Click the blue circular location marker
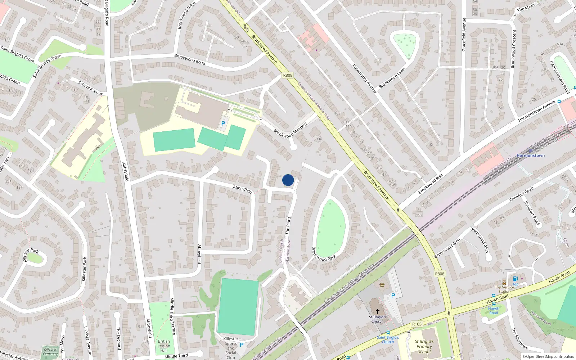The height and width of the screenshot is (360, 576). click(288, 180)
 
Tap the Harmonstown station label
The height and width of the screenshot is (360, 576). click(530, 156)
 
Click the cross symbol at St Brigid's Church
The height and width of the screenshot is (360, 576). click(377, 311)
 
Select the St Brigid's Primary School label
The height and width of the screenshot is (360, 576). click(424, 346)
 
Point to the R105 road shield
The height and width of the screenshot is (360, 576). click(417, 324)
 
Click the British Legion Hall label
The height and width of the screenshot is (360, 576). click(164, 346)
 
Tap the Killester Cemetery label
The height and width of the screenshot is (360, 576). click(50, 351)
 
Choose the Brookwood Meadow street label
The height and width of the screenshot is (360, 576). click(290, 130)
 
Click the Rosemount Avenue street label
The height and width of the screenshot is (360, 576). click(364, 79)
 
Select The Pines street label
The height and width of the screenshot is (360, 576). click(288, 226)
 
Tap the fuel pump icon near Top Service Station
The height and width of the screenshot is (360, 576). click(515, 279)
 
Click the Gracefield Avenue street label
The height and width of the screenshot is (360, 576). click(464, 35)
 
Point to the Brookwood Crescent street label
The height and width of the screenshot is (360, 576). click(513, 49)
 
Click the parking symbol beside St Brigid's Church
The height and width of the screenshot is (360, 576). click(393, 296)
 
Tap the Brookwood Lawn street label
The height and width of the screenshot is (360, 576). click(392, 78)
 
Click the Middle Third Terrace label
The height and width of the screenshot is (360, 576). click(172, 316)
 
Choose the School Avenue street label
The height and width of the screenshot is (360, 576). click(91, 89)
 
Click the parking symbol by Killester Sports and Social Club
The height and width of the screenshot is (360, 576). click(242, 345)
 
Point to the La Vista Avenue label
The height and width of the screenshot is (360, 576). click(87, 341)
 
